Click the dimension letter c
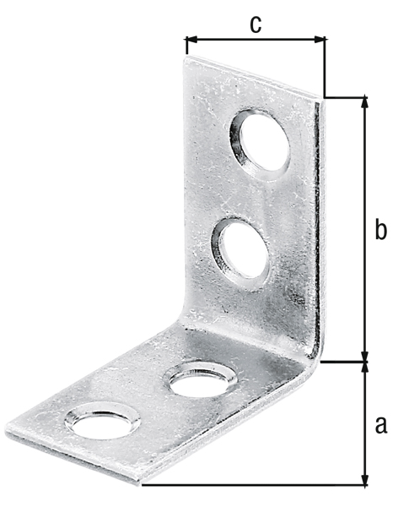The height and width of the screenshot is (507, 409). tap(256, 24)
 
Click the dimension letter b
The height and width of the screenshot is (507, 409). tap(380, 229)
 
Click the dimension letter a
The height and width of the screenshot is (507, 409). tap(380, 424)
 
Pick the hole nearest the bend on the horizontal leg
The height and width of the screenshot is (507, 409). tap(201, 379)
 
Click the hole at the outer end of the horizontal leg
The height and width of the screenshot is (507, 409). tap(102, 421)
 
